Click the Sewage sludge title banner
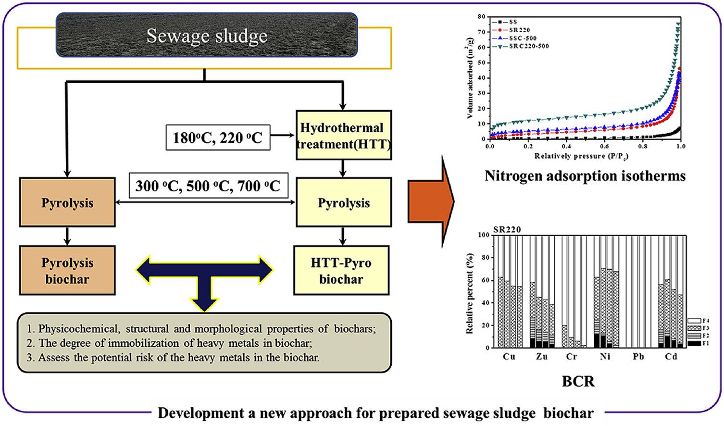point(207,36)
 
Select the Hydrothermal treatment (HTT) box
point(343,135)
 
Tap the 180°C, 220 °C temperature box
point(218,138)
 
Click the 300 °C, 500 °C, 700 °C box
point(208,186)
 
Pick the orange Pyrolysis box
point(67,202)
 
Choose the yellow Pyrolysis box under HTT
point(343,202)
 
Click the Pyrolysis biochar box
point(67,270)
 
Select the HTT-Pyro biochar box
point(341,270)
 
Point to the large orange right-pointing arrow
point(430,202)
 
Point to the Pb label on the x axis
point(638,357)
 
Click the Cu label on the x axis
point(509,357)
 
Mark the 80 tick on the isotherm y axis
point(482,16)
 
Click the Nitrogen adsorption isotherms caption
point(585,176)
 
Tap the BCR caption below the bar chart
point(578,381)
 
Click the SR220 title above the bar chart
point(507,229)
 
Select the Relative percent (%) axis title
point(470,293)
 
